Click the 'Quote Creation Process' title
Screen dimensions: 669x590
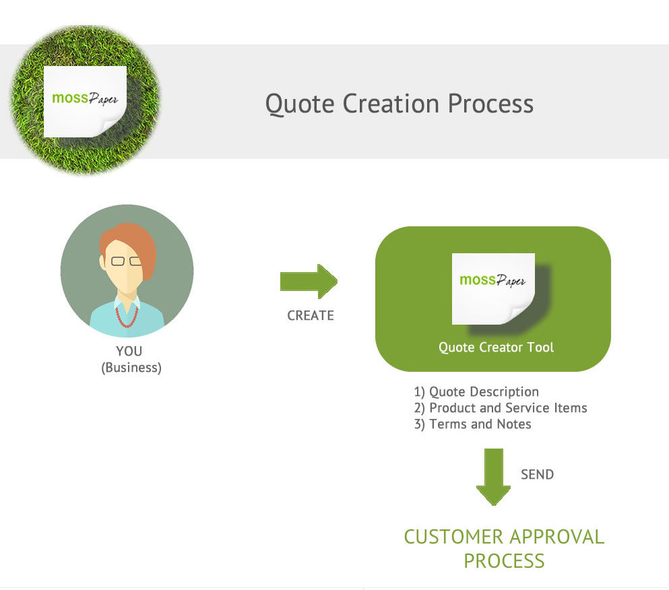(400, 104)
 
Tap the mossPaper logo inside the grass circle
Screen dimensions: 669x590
(86, 102)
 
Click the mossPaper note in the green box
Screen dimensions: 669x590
(493, 289)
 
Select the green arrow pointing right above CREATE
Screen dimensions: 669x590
(309, 281)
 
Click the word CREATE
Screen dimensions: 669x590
(311, 315)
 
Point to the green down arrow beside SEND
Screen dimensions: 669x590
(494, 477)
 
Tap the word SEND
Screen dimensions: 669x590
(537, 474)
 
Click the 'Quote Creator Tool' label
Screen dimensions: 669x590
(497, 348)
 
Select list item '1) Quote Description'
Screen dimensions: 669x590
(476, 391)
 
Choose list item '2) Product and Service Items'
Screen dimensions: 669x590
(501, 408)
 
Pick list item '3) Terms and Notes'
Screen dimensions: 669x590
(472, 424)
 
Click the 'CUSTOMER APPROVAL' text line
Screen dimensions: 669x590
(504, 537)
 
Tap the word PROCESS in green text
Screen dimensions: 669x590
(504, 561)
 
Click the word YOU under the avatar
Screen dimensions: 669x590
(129, 351)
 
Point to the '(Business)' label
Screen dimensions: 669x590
(131, 368)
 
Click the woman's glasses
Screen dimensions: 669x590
(126, 261)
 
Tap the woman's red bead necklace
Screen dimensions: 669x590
(127, 317)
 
